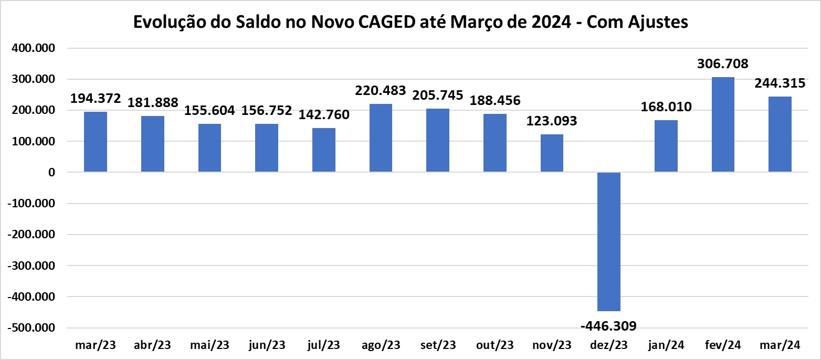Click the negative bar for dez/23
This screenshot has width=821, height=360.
[x=609, y=241]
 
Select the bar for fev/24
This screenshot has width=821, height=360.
[x=723, y=124]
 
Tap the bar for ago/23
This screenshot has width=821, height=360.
[x=381, y=138]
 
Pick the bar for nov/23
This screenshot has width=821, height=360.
[x=552, y=153]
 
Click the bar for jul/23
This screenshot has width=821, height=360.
[x=323, y=150]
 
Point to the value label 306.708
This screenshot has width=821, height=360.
[x=723, y=64]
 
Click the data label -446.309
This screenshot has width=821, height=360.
[x=608, y=326]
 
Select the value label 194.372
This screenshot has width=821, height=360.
[x=96, y=98]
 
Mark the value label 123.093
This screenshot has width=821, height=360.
[x=552, y=121]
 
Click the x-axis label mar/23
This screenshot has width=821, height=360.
[x=96, y=345]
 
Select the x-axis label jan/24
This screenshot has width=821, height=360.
[x=666, y=345]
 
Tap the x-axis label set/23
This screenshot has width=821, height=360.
[x=438, y=345]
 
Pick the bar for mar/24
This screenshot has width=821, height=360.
[x=780, y=134]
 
